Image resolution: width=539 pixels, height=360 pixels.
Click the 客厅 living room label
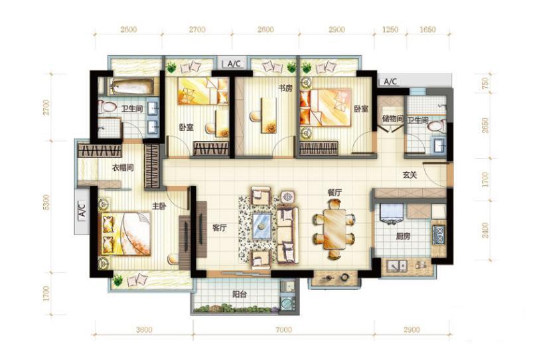(x=220, y=228)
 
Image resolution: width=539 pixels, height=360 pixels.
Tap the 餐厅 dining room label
(x=335, y=193)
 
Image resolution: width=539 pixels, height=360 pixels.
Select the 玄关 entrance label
(x=410, y=175)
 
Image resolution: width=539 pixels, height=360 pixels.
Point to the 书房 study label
(x=285, y=88)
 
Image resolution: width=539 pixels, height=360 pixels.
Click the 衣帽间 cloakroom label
(x=123, y=168)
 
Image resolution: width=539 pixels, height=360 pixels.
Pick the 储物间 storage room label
(x=393, y=120)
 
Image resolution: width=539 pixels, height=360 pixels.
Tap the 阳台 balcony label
(x=239, y=295)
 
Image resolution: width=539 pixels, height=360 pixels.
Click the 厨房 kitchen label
(x=403, y=236)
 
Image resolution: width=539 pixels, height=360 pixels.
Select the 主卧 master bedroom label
(x=159, y=207)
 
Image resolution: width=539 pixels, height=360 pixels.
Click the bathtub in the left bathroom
(x=133, y=86)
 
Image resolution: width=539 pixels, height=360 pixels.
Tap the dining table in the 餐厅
(x=335, y=229)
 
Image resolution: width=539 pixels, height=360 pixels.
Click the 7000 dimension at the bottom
(x=283, y=329)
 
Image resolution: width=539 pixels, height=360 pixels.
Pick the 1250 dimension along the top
(x=390, y=30)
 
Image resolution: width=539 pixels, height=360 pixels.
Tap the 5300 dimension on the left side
(x=46, y=203)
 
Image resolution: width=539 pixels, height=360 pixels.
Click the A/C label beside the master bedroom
(x=82, y=210)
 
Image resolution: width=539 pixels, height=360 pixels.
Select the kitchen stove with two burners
(x=439, y=234)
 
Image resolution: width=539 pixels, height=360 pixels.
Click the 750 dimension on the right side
(x=485, y=84)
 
